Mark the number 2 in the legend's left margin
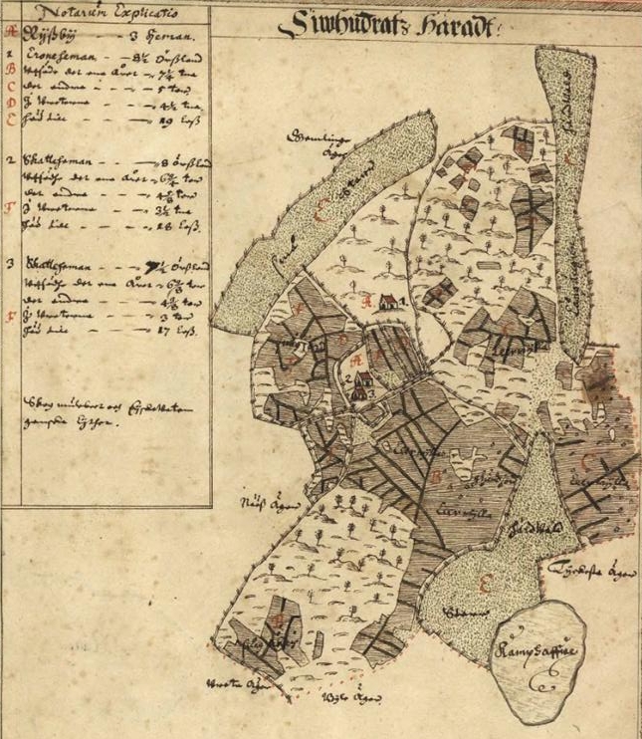[x=9, y=160]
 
